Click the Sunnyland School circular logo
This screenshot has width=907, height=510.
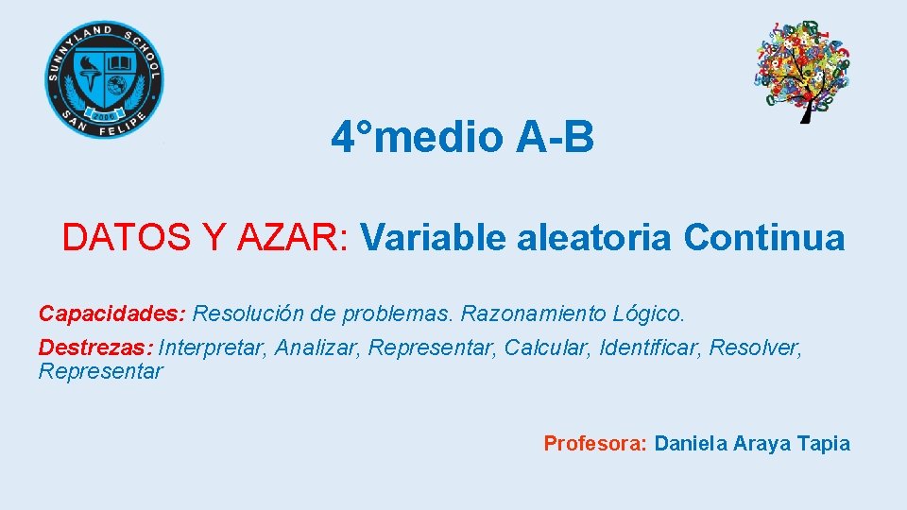coord(104,80)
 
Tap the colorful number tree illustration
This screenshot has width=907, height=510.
coord(803,66)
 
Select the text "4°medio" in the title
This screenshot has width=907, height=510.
coord(418,139)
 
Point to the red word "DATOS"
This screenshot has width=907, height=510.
coord(124,238)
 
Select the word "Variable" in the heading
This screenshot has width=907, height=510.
coord(434,238)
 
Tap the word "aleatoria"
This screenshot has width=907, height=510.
coord(595,238)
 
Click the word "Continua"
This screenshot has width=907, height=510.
coord(764,238)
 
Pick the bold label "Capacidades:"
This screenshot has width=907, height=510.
coord(112,313)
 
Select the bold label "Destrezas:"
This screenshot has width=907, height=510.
coord(95,348)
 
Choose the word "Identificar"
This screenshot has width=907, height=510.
coord(650,348)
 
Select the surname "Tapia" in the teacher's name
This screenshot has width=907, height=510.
coord(824,444)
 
